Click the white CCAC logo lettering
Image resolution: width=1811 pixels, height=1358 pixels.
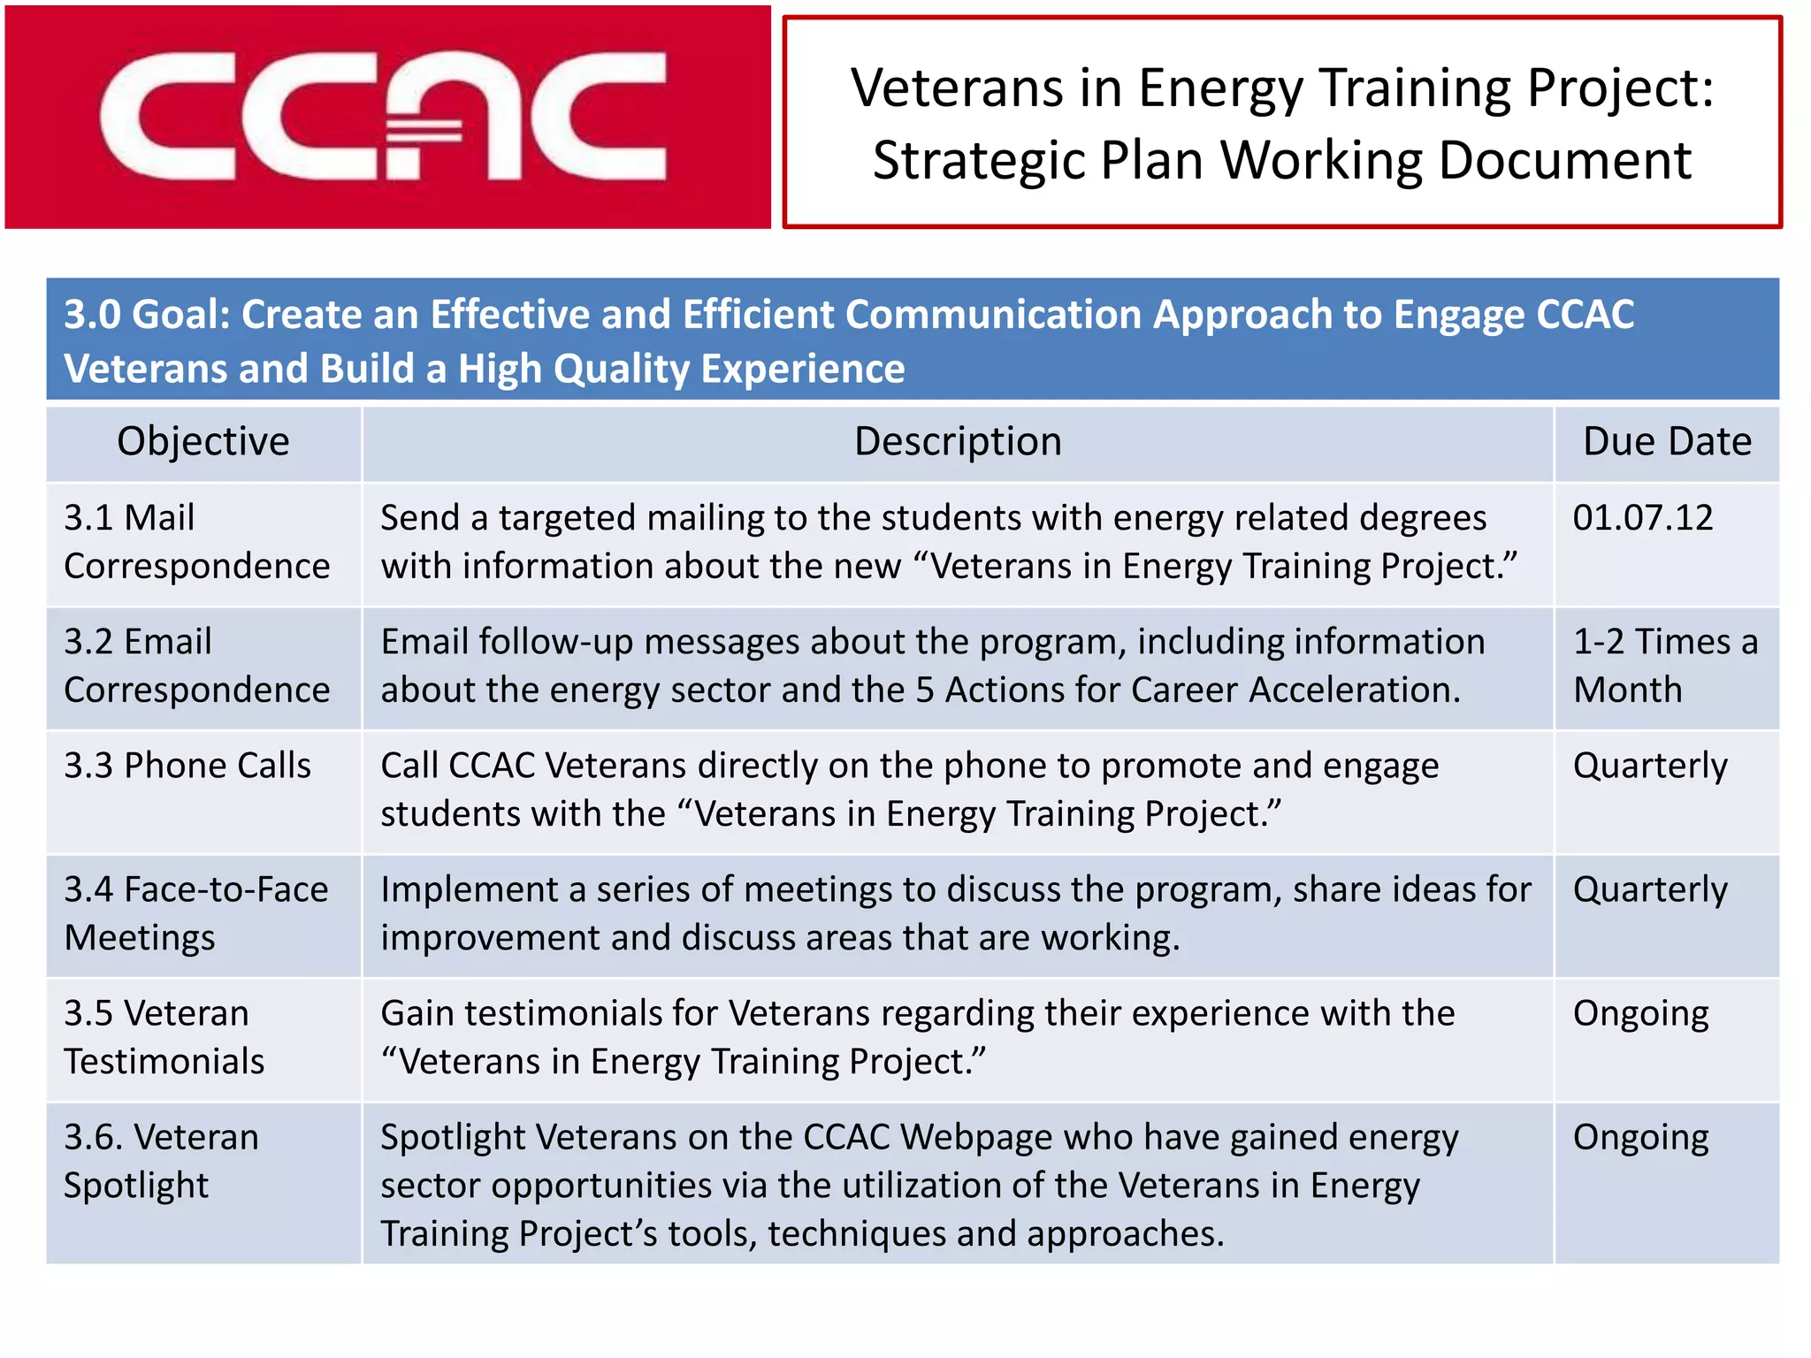click(x=382, y=117)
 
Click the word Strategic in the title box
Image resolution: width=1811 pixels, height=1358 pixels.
click(x=976, y=161)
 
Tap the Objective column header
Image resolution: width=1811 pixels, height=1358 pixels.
click(x=203, y=441)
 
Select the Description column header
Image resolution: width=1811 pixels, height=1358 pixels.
click(x=958, y=441)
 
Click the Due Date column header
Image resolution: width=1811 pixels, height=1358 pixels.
click(x=1666, y=441)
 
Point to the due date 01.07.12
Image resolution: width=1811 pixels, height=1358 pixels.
click(x=1642, y=518)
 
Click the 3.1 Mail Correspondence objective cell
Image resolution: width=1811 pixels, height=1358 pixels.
click(x=196, y=542)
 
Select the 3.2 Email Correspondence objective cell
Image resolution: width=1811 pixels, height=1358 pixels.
click(x=196, y=666)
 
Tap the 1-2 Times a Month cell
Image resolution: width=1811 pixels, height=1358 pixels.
click(x=1665, y=666)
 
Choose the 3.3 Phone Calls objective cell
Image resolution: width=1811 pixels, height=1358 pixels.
click(x=187, y=766)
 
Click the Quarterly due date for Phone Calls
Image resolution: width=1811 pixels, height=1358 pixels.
click(x=1649, y=767)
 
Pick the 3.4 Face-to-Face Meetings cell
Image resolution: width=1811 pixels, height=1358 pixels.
click(x=196, y=913)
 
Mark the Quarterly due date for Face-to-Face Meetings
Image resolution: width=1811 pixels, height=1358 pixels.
click(x=1649, y=890)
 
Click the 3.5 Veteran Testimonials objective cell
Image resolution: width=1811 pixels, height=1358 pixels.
click(x=164, y=1037)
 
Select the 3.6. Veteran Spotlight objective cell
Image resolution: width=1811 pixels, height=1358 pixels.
click(x=161, y=1161)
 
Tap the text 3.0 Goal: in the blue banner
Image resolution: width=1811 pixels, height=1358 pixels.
click(x=147, y=315)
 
